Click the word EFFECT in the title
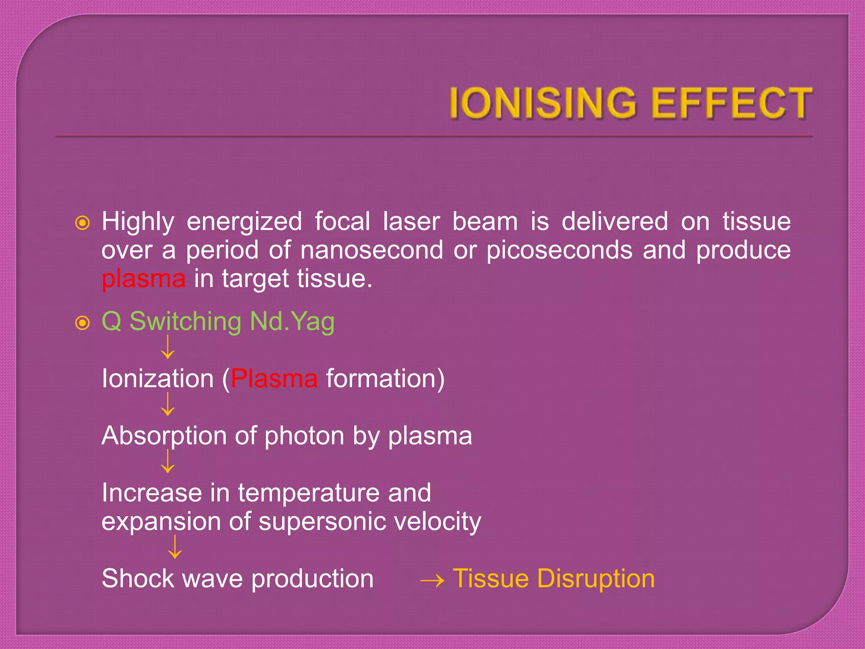(732, 103)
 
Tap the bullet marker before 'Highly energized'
(82, 223)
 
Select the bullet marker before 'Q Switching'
(82, 323)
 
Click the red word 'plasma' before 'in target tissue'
(144, 279)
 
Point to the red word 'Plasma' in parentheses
(274, 379)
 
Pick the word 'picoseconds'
(559, 250)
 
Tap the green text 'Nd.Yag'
(292, 322)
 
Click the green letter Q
(112, 322)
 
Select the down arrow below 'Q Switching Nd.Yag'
(168, 347)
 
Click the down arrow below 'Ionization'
(168, 404)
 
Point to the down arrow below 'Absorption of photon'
(168, 461)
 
